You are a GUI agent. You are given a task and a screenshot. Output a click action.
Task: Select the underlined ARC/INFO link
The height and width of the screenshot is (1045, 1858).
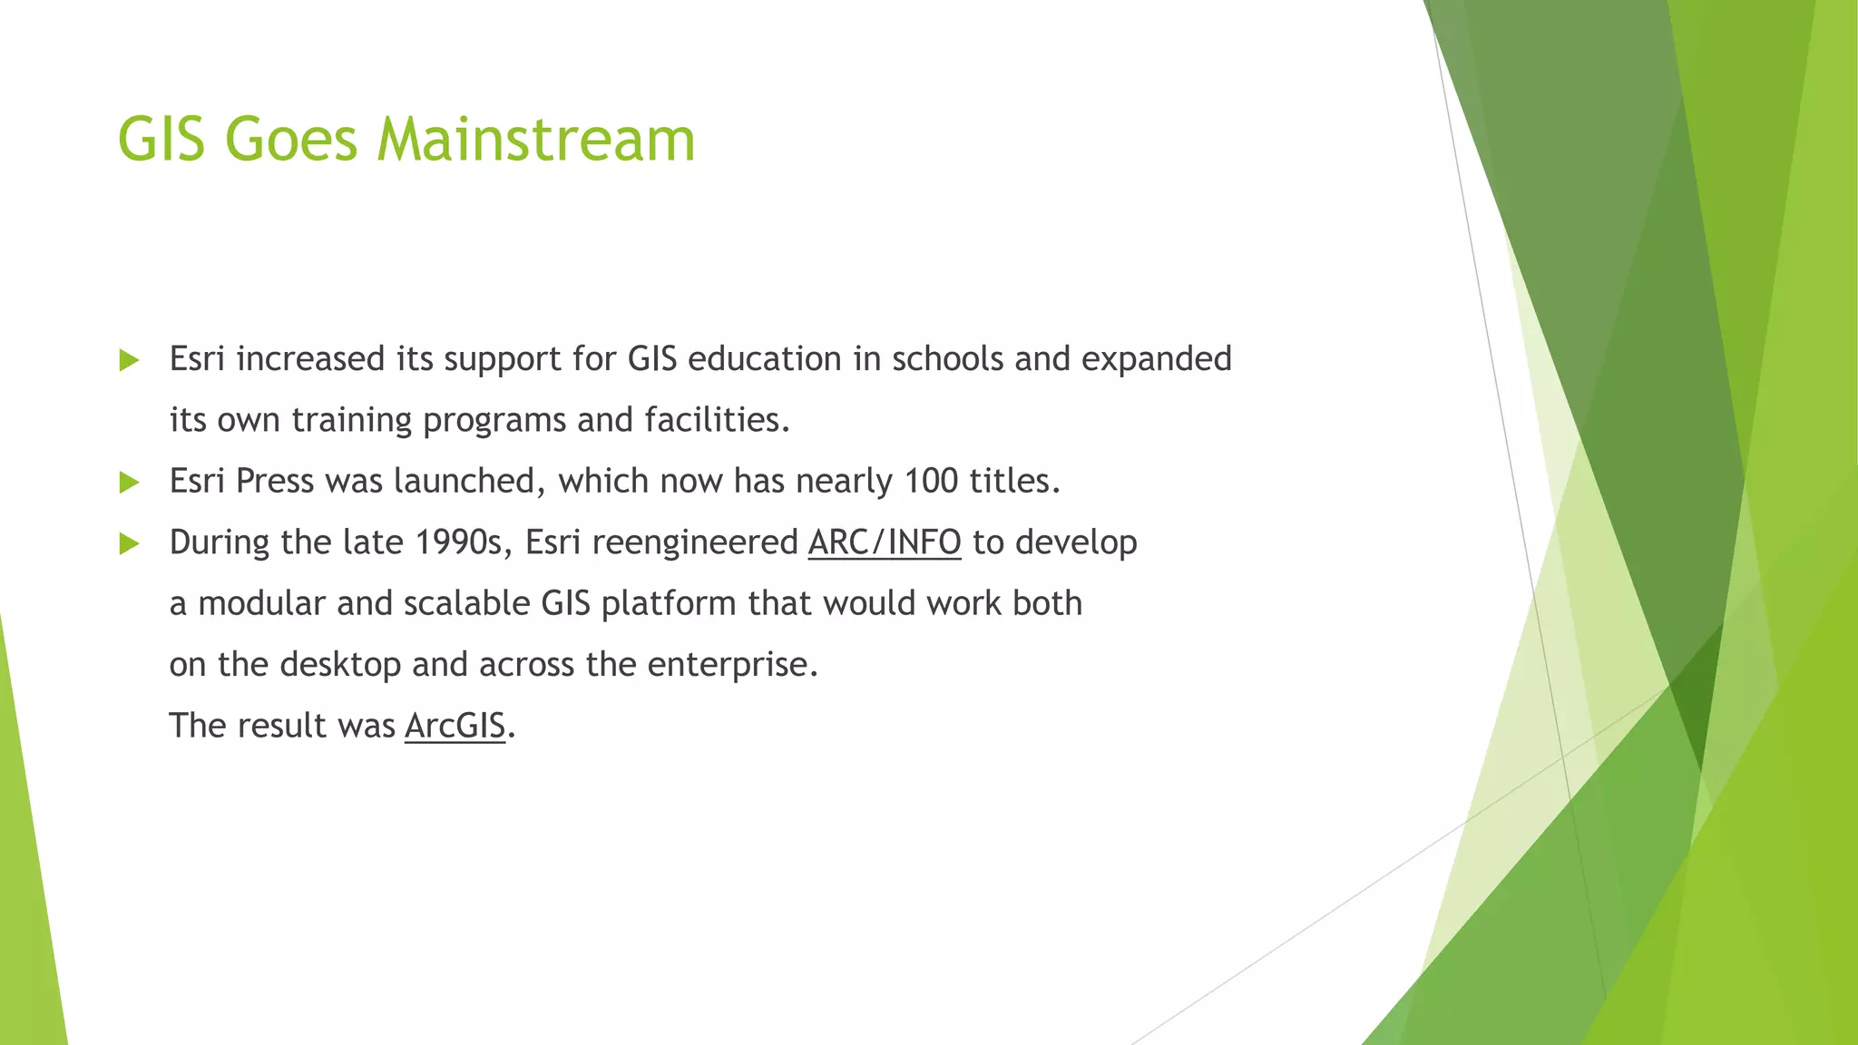click(x=884, y=542)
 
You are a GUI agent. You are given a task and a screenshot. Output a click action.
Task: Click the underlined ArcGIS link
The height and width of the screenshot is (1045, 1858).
click(x=455, y=726)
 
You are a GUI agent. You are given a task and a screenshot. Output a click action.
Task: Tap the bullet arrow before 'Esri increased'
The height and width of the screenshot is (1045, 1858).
click(x=129, y=360)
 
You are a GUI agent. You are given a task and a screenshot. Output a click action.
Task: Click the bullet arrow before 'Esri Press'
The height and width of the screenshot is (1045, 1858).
click(x=129, y=482)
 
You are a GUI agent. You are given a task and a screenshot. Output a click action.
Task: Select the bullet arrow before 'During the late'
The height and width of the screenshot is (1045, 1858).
click(x=129, y=543)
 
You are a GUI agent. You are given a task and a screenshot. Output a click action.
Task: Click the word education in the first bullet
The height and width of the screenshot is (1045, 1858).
click(x=764, y=359)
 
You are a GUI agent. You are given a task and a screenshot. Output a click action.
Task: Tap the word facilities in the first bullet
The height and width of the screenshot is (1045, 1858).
click(x=717, y=420)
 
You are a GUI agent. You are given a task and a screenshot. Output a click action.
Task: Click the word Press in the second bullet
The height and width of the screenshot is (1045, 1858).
click(x=274, y=481)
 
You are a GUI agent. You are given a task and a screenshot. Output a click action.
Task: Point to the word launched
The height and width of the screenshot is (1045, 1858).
click(x=469, y=481)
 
